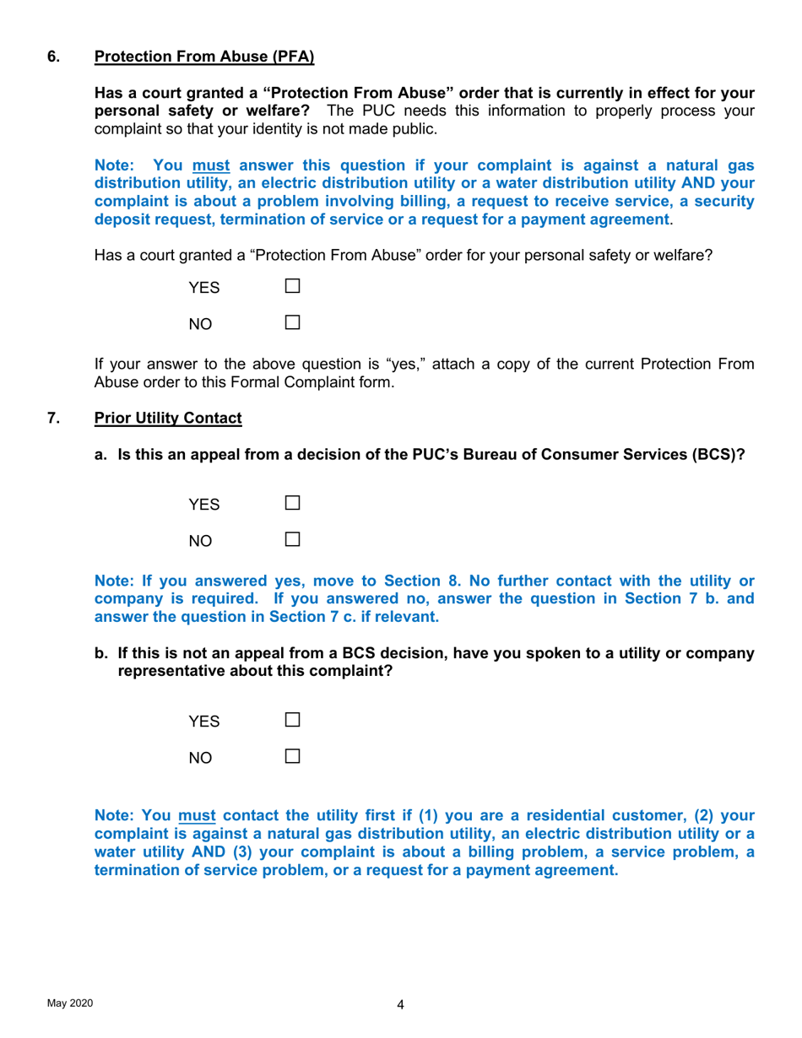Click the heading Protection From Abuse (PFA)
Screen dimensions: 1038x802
(x=203, y=57)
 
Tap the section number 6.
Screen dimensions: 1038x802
(x=52, y=57)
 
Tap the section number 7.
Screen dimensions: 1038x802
(x=52, y=417)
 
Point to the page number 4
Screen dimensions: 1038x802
(x=400, y=1004)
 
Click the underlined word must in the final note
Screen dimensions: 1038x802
(x=198, y=816)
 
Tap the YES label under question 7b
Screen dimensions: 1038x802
(x=204, y=722)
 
